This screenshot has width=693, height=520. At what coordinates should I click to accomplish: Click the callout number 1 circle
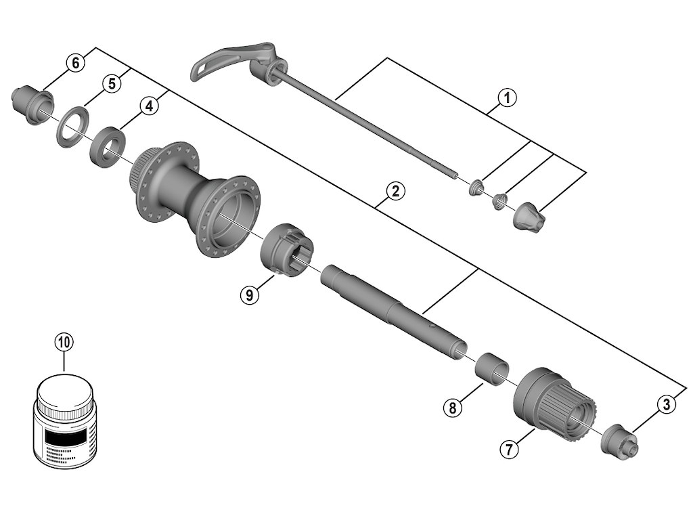(x=507, y=97)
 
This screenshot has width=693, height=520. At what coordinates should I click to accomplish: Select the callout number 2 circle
(x=395, y=192)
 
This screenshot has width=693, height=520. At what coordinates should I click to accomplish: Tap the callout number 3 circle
(x=666, y=405)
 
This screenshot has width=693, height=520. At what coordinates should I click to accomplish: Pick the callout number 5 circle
(x=112, y=83)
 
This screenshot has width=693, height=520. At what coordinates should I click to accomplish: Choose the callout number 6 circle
(x=75, y=63)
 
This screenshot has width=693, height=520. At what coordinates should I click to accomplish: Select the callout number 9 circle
(x=250, y=295)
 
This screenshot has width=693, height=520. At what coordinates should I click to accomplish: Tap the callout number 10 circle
(x=64, y=342)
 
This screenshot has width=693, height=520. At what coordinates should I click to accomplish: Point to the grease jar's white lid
(x=64, y=393)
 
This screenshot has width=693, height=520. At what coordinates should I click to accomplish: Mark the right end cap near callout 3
(x=619, y=439)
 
